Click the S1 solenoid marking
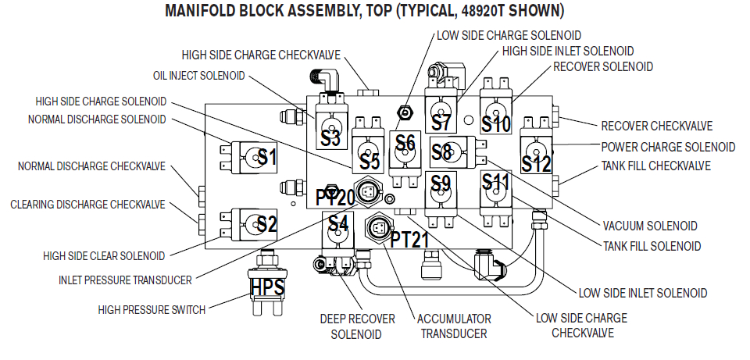click(267, 157)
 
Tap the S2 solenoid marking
click(266, 224)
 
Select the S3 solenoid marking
click(330, 138)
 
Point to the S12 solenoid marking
click(537, 164)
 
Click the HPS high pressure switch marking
click(267, 287)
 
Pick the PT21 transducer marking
click(410, 240)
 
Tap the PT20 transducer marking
click(335, 197)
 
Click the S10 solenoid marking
click(495, 123)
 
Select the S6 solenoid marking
click(405, 142)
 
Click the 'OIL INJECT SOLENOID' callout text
click(198, 76)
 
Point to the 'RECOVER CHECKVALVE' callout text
click(656, 127)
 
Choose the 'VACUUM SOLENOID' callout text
click(650, 226)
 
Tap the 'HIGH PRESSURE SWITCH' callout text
click(152, 310)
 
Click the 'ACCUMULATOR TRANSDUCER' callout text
click(454, 326)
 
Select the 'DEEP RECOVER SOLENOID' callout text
click(358, 326)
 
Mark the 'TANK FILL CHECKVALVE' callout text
click(655, 166)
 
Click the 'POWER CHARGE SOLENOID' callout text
click(668, 146)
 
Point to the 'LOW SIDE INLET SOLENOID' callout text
click(642, 293)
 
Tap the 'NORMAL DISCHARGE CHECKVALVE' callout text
click(92, 166)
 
